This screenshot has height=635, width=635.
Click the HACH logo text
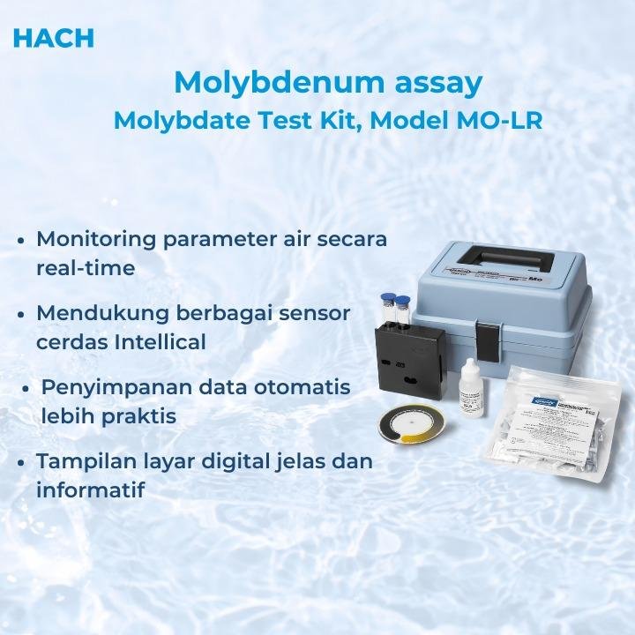[x=54, y=38]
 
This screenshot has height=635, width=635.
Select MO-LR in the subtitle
[x=499, y=121]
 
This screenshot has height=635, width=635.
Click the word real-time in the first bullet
[x=86, y=268]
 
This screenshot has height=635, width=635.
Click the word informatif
[x=90, y=489]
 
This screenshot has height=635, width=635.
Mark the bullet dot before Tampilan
[x=21, y=462]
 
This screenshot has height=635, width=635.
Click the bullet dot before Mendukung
[x=21, y=314]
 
